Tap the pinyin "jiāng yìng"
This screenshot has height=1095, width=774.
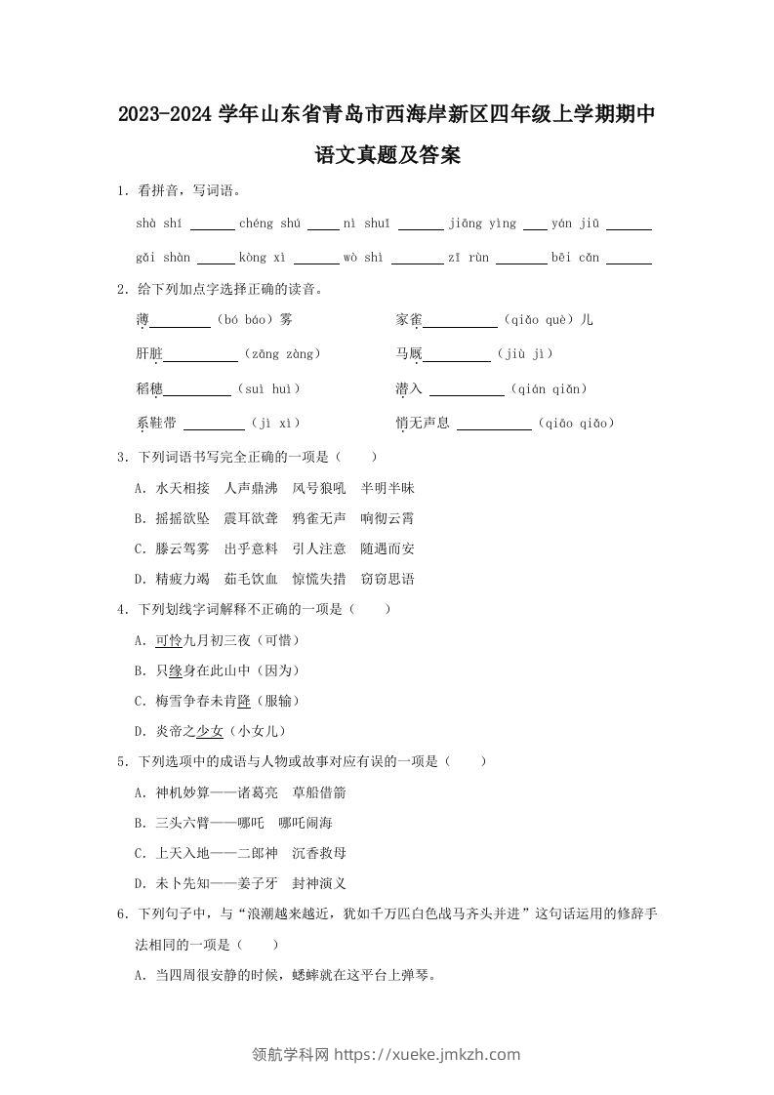pos(482,223)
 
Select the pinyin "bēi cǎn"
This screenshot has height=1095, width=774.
pos(575,258)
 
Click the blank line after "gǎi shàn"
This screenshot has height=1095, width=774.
pos(216,261)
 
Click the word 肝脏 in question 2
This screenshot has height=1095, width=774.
pos(149,354)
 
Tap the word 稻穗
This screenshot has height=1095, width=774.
pos(149,388)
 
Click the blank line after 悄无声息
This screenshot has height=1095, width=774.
pos(494,426)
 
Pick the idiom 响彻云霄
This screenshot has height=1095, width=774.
pos(387,518)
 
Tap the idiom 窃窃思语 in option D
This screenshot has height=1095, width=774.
pos(387,579)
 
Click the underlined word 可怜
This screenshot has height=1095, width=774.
pos(169,640)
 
